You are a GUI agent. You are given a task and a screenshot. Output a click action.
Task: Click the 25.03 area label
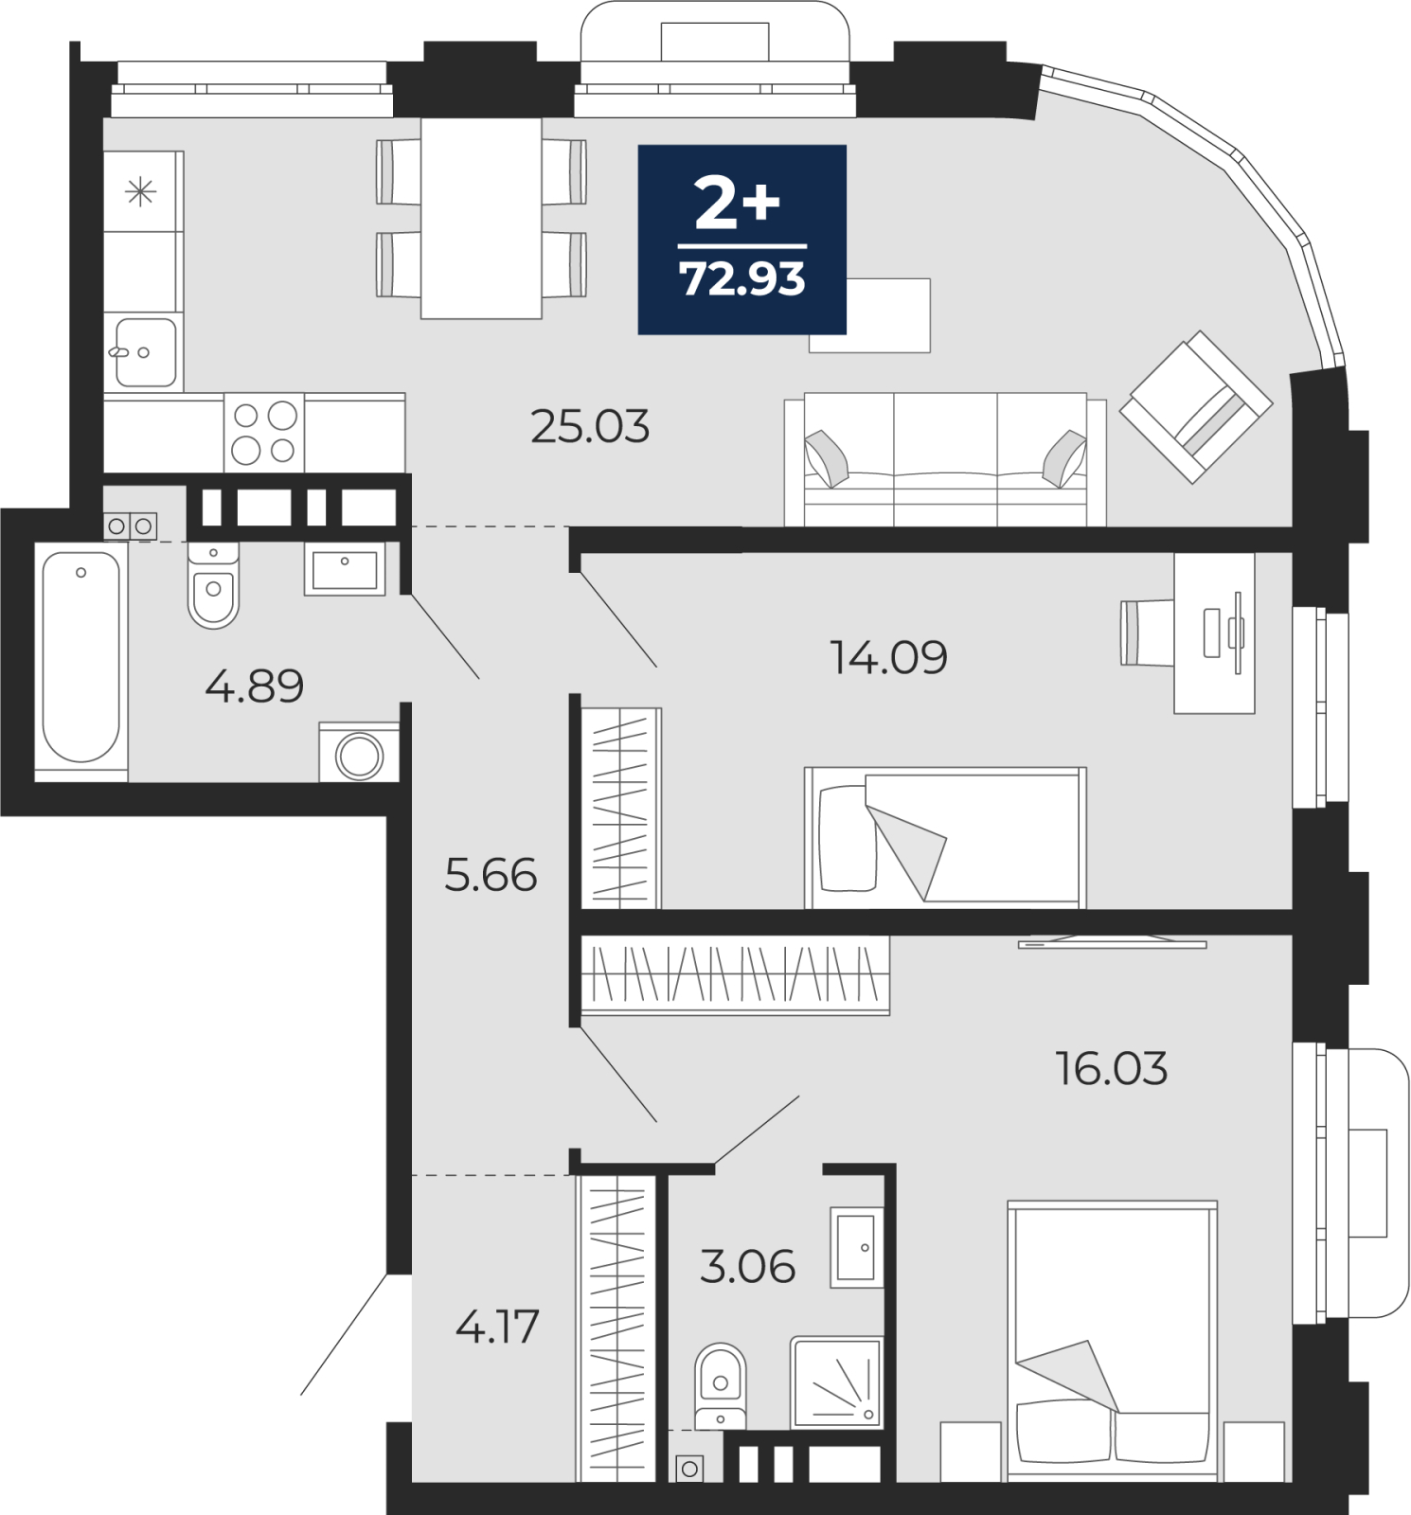[x=590, y=427]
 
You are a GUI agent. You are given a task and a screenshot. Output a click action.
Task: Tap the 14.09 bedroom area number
[x=888, y=657]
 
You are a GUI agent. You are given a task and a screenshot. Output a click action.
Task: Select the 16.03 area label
[x=1112, y=1068]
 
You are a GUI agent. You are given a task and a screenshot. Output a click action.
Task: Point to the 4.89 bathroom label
[x=254, y=686]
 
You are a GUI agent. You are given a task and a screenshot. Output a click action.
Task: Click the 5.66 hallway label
[x=491, y=875]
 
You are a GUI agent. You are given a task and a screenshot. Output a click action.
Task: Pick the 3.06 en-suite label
[x=747, y=1266]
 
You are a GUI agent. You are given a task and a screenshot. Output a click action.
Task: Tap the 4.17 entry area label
[x=497, y=1326]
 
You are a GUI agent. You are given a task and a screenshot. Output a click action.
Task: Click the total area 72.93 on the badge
[x=742, y=279]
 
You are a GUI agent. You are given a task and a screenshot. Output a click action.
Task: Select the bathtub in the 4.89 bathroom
[x=81, y=661]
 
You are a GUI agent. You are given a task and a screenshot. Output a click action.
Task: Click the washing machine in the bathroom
[x=359, y=754]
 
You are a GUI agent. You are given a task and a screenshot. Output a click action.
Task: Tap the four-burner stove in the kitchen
[x=264, y=433]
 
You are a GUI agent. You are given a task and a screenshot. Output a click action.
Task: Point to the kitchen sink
[x=145, y=352]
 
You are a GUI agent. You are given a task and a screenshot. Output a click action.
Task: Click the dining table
[x=481, y=218]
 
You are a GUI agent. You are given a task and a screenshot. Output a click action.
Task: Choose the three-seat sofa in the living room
[x=945, y=460]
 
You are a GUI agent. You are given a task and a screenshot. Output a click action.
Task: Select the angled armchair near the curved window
[x=1196, y=406]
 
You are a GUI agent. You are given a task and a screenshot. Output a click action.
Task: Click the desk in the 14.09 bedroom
[x=1214, y=633]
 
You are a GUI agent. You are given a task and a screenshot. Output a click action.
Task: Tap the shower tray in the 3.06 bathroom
[x=836, y=1381]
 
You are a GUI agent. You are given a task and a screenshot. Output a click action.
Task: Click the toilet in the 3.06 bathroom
[x=720, y=1386]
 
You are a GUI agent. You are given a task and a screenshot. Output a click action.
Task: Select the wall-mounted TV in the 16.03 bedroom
[x=1113, y=942]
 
